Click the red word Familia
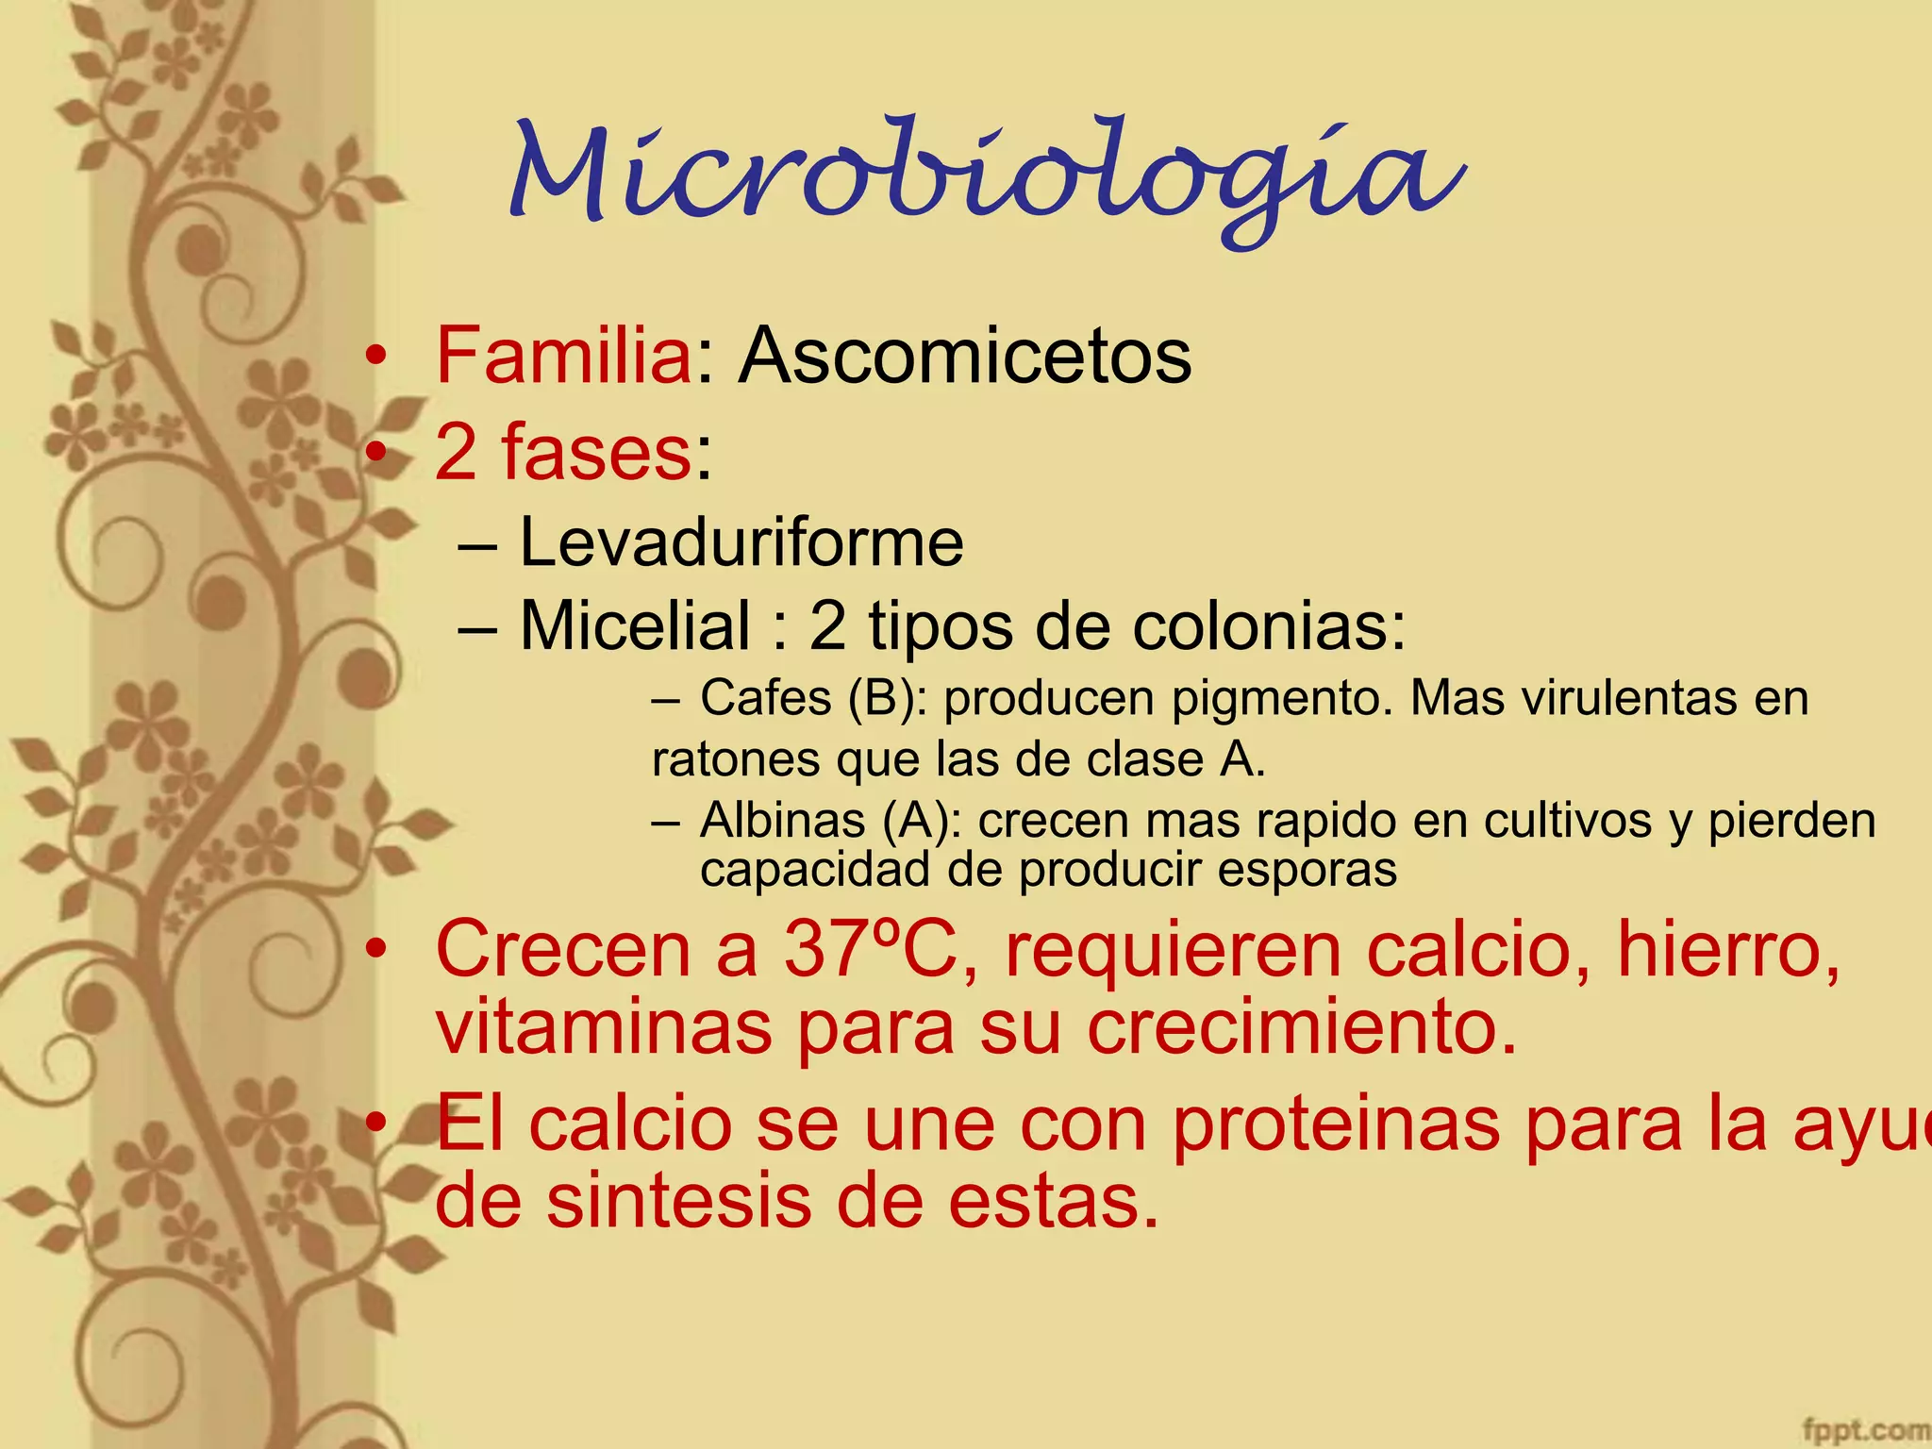click(x=564, y=356)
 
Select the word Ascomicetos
click(x=964, y=356)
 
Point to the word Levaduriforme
click(x=741, y=542)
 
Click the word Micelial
click(x=635, y=625)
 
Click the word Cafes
click(x=766, y=699)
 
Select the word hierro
click(x=1726, y=951)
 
